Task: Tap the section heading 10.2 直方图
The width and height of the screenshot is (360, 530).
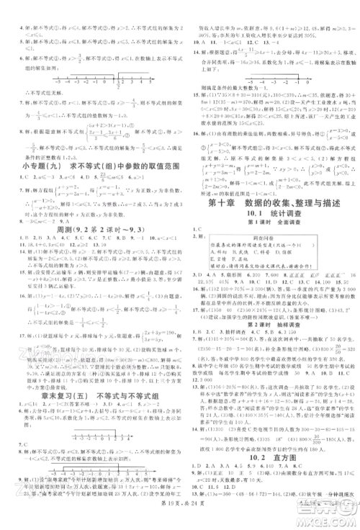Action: pyautogui.click(x=270, y=464)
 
